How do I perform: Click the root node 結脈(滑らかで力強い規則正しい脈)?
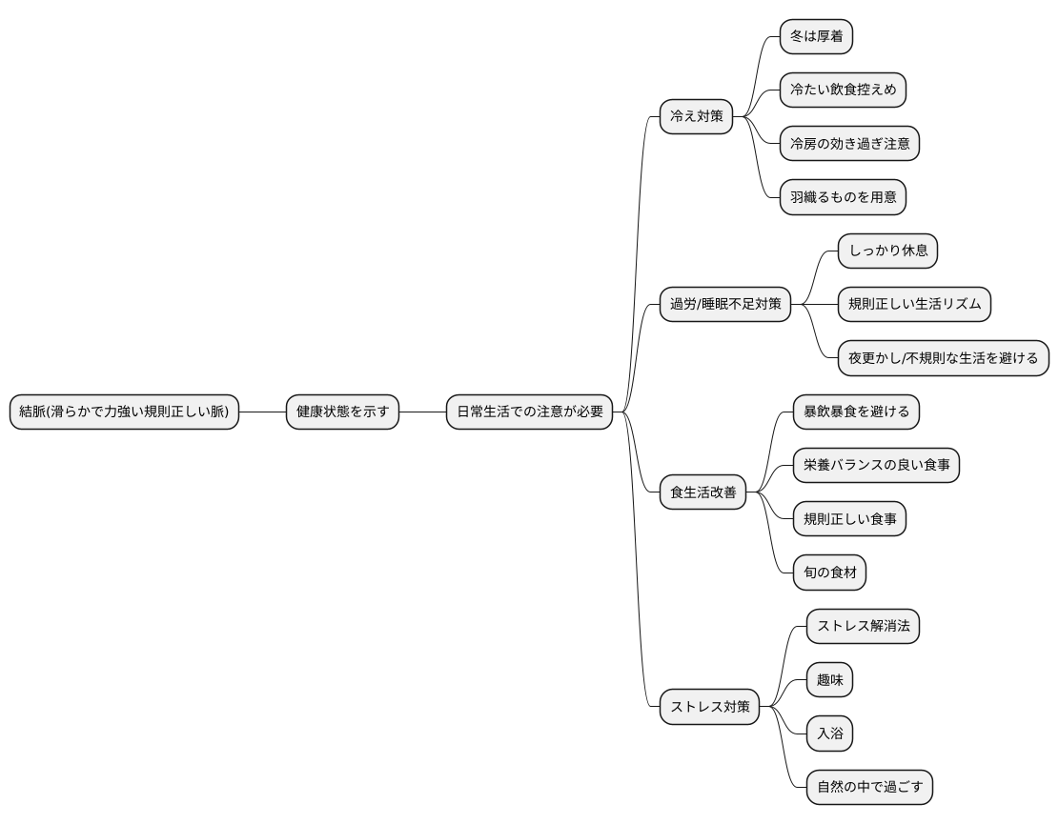click(x=124, y=412)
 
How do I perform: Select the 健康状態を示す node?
click(x=342, y=412)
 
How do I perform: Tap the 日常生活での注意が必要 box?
click(x=530, y=412)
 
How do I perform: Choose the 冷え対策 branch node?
click(x=697, y=117)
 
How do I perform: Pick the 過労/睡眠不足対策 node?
click(x=725, y=305)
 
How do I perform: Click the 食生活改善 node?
click(x=703, y=492)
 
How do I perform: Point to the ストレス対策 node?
click(x=710, y=707)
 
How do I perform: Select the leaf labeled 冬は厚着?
click(x=817, y=36)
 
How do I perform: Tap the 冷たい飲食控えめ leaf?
click(x=843, y=90)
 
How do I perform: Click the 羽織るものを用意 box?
click(x=843, y=197)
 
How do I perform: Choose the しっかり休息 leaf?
click(x=888, y=251)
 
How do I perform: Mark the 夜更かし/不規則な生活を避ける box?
click(x=944, y=358)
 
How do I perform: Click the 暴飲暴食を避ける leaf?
click(x=856, y=412)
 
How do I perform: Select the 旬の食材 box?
click(x=830, y=573)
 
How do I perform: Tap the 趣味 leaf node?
click(x=830, y=679)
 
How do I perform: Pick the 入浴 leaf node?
click(x=830, y=734)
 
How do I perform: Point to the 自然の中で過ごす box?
click(x=870, y=787)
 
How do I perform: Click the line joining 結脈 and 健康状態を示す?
click(x=263, y=412)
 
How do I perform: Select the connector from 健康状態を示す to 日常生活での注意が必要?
click(x=423, y=412)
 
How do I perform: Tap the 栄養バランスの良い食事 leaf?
click(x=877, y=465)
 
